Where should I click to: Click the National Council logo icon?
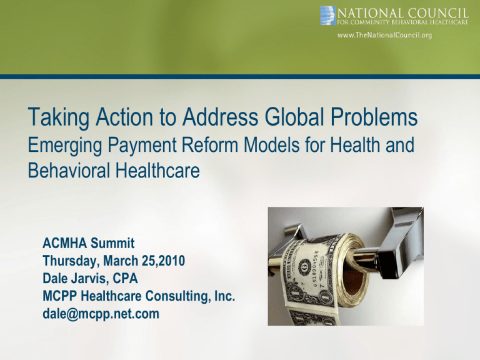pos(328,15)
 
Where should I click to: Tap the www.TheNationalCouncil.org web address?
pos(384,35)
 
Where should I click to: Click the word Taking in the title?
pos(59,117)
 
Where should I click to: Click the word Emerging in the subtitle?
pos(64,146)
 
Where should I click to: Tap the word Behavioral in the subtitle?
pos(69,170)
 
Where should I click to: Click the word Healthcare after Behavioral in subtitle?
pos(157,170)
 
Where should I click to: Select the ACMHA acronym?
pos(64,243)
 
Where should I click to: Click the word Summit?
pos(112,243)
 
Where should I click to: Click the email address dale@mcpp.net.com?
pos(101,314)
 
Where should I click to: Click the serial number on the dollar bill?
pos(317,269)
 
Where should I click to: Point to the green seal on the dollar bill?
pos(321,263)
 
